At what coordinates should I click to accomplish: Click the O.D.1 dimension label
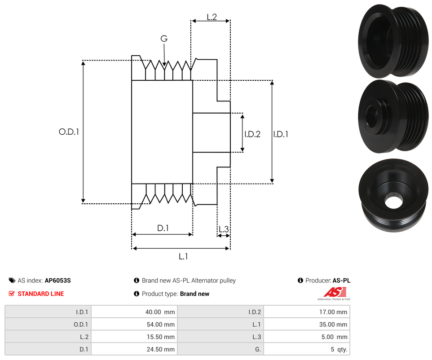(69, 132)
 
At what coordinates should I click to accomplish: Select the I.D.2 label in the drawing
(252, 134)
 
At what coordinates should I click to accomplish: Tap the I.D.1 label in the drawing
(281, 134)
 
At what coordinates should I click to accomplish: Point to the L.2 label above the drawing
(212, 17)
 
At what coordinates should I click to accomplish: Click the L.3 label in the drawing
(223, 229)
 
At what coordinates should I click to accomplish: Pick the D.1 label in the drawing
(163, 228)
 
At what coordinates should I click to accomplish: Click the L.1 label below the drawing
(183, 257)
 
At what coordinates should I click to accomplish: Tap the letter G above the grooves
(164, 39)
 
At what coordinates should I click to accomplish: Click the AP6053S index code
(57, 281)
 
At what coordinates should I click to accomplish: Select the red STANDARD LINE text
(40, 294)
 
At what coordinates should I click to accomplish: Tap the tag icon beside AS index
(12, 281)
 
